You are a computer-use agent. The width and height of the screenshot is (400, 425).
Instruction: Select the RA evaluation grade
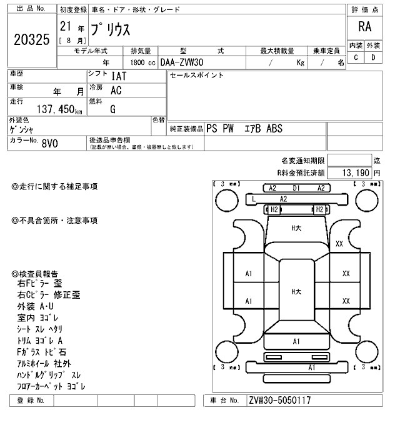point(364,27)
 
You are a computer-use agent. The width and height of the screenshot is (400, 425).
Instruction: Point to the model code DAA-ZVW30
point(184,62)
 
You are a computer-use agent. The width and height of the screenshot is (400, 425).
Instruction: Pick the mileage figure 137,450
point(56,109)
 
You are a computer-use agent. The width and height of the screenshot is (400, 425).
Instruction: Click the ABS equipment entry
point(274,129)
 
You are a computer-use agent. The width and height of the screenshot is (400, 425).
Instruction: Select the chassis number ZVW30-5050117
point(279,401)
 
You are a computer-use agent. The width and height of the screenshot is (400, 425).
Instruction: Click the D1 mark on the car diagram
point(296,187)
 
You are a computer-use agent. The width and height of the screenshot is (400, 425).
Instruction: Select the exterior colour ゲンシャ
point(25,129)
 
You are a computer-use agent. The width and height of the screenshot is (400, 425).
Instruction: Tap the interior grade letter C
point(356,57)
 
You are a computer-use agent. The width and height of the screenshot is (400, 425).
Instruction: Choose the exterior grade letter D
point(373,57)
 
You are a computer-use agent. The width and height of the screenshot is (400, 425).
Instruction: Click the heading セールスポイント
point(197,76)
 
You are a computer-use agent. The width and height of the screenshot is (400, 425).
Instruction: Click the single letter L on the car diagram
point(253,199)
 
